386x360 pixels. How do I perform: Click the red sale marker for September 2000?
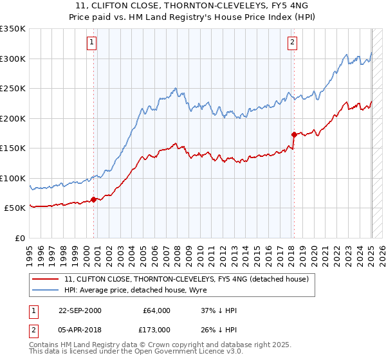click(x=93, y=199)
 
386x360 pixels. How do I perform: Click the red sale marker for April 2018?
click(x=294, y=134)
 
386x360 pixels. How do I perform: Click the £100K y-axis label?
click(x=13, y=178)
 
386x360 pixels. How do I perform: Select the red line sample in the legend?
click(x=46, y=278)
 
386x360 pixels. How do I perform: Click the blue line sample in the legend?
click(x=46, y=290)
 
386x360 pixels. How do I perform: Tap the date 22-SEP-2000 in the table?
click(x=80, y=310)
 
